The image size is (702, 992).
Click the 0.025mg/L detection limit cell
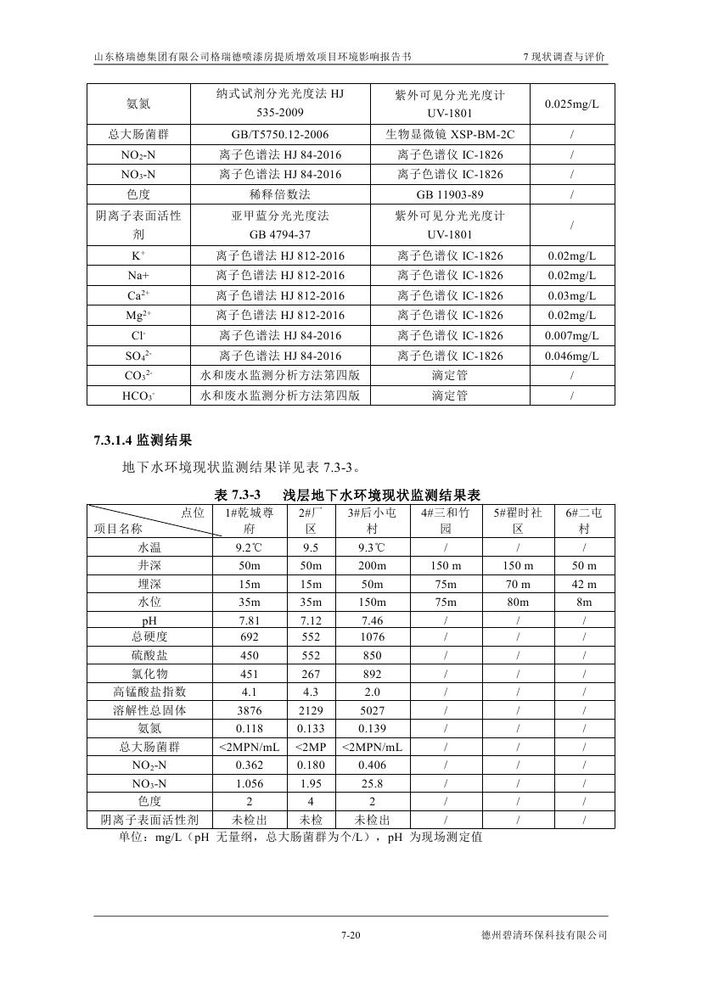(x=571, y=104)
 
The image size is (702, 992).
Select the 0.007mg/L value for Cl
(x=571, y=336)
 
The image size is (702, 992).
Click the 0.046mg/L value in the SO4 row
(x=571, y=356)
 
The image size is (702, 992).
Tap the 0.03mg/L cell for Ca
(x=571, y=295)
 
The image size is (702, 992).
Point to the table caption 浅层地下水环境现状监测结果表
(x=382, y=494)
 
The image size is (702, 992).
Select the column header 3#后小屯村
(x=372, y=520)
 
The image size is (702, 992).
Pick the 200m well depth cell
(x=372, y=566)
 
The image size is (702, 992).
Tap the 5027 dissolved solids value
(x=372, y=710)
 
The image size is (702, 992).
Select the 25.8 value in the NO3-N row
(x=372, y=783)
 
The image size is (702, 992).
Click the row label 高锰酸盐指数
(x=149, y=692)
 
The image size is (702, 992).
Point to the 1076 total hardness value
(x=372, y=637)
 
